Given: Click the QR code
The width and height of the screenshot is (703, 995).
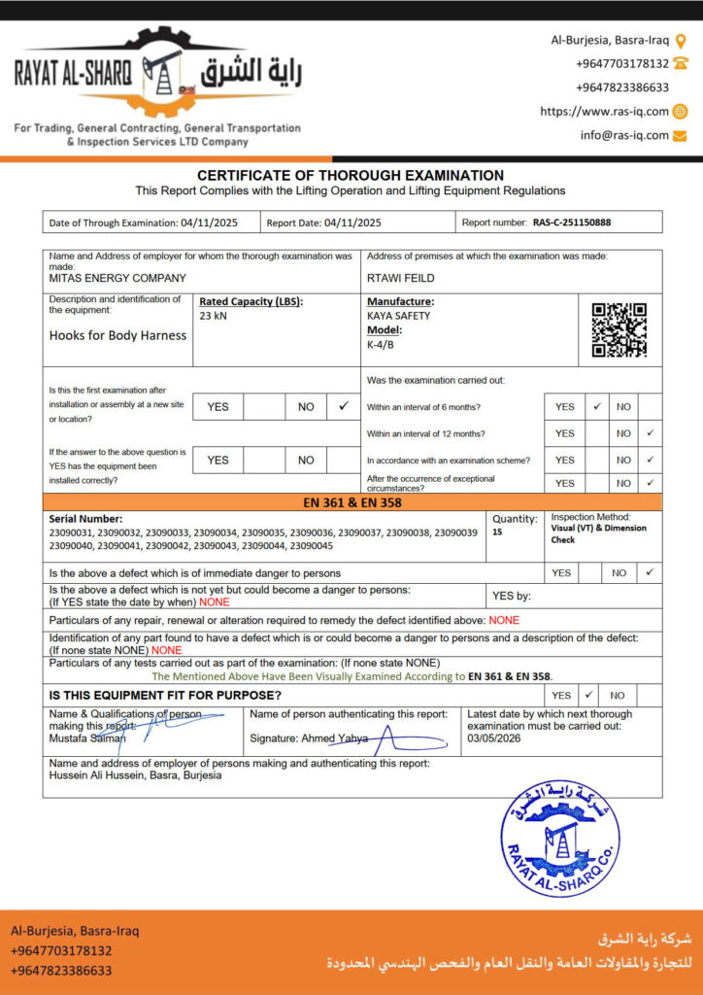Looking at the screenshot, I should [x=619, y=330].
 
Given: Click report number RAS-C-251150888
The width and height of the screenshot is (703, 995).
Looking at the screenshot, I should [x=572, y=223].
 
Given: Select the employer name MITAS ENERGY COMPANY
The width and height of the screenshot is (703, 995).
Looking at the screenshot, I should [x=117, y=278].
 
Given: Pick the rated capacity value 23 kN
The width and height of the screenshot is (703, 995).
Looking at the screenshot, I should [x=213, y=316].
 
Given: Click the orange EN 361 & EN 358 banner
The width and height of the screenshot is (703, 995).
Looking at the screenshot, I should [x=351, y=502].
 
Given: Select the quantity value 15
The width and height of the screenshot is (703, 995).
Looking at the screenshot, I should [x=497, y=532].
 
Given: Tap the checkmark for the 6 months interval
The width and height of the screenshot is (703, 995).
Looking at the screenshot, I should [x=597, y=406].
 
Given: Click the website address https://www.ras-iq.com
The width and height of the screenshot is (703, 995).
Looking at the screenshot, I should [x=604, y=112].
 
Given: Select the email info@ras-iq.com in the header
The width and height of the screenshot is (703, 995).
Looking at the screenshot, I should [x=624, y=135].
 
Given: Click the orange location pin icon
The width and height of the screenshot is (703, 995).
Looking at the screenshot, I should [x=681, y=41].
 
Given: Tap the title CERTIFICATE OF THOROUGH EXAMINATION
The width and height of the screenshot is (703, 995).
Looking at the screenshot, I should [x=351, y=176].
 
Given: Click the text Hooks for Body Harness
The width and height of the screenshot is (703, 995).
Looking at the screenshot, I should [x=117, y=335].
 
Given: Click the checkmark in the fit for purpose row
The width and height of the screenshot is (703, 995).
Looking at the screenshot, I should [x=588, y=695].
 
